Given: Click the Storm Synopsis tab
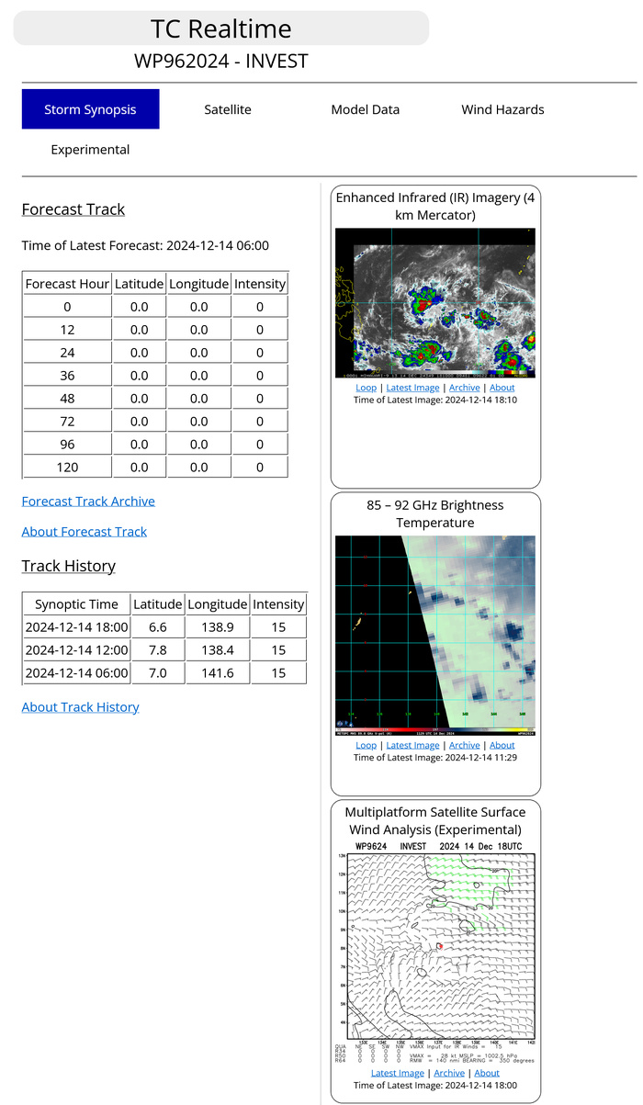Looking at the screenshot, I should (90, 109).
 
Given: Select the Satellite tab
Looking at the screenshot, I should (228, 109).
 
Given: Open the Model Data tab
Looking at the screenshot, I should (365, 109).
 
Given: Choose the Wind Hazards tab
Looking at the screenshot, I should (502, 109).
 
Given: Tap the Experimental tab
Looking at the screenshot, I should (90, 150).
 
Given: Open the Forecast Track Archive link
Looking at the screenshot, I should (88, 501).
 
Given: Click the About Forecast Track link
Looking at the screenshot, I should (85, 531).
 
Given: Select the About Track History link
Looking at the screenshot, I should (81, 706).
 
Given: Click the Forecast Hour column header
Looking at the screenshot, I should (68, 284).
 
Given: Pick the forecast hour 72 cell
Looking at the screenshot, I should (68, 422).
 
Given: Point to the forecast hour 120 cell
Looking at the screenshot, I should (68, 468).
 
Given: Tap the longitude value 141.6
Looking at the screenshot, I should (218, 672).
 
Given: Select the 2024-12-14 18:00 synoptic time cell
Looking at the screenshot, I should (76, 626).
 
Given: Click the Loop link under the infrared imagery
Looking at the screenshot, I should (366, 388).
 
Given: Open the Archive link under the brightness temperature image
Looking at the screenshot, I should (464, 745).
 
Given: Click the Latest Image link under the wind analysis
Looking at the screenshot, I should (398, 1073).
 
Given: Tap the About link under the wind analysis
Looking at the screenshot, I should (487, 1073).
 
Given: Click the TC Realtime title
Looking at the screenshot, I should (221, 28).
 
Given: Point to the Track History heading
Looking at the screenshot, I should (69, 566).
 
